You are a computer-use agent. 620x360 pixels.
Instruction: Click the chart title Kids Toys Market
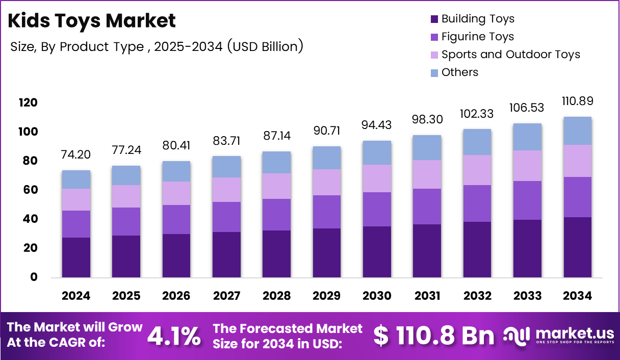[92, 21]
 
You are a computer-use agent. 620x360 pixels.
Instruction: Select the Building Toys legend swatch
[434, 19]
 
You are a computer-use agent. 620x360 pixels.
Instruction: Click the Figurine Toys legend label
[477, 37]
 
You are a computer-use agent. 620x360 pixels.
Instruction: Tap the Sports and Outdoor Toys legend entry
[510, 55]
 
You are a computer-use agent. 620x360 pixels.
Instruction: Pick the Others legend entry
[459, 72]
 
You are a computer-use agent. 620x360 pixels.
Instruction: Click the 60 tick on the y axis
[30, 190]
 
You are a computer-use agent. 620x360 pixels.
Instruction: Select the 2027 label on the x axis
[227, 296]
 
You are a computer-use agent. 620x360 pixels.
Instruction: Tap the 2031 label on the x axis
[427, 296]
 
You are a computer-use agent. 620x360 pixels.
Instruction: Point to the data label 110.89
[578, 101]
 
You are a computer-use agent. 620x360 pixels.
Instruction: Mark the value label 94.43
[377, 125]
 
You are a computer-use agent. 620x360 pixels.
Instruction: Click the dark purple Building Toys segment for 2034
[578, 247]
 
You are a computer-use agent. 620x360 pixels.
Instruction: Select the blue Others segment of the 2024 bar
[76, 179]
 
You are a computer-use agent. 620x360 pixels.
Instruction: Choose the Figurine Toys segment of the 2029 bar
[327, 212]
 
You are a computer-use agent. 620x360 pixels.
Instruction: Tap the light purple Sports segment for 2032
[477, 170]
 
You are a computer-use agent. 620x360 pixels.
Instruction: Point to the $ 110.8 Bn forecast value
[433, 336]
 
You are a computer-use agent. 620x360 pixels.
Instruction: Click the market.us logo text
[575, 333]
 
